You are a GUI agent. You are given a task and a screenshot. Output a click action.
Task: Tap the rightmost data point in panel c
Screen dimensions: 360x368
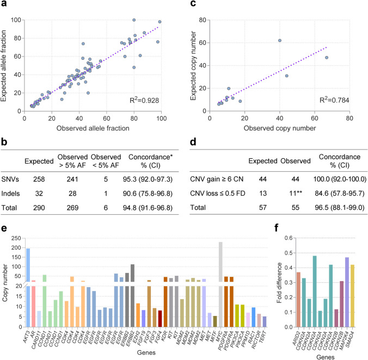coord(327,58)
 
